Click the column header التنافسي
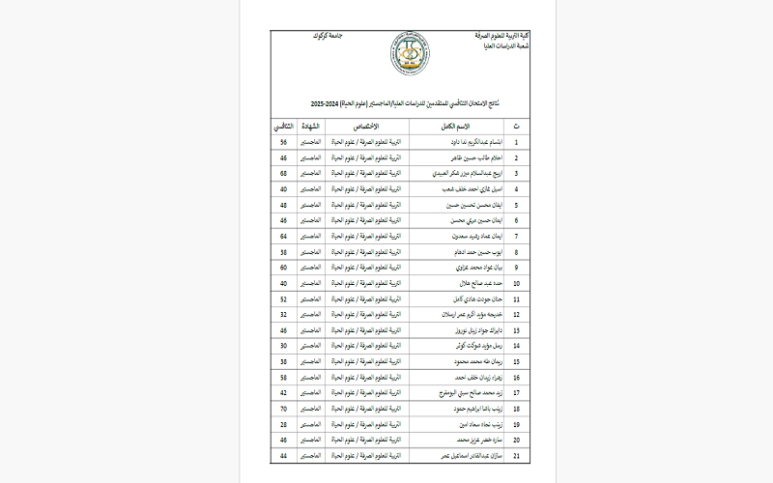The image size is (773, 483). tap(284, 127)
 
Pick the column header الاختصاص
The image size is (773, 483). tap(376, 127)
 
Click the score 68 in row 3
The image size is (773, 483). tap(284, 173)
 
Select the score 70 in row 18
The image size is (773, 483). tap(284, 409)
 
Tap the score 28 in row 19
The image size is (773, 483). tap(284, 424)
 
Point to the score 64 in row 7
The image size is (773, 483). tap(284, 236)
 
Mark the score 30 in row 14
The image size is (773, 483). tap(284, 346)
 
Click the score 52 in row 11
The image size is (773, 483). tap(284, 298)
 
